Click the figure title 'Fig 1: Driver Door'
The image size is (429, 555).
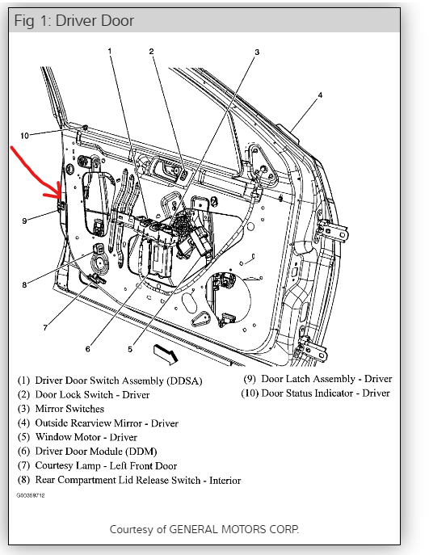74,20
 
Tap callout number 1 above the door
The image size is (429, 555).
110,51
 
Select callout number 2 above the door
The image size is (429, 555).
152,52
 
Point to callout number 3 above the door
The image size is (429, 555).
257,52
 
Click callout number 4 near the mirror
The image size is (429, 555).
320,95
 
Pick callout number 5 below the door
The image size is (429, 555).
130,349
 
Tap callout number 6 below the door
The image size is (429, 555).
88,349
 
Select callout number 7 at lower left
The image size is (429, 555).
45,328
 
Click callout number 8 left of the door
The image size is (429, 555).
24,284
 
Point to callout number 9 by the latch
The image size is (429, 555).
24,221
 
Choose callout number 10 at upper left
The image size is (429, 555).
24,136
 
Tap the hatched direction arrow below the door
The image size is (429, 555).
166,355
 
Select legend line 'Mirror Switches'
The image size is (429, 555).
61,409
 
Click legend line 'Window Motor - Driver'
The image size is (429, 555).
78,437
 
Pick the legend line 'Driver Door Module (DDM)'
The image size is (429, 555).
87,452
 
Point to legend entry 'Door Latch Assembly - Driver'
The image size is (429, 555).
318,379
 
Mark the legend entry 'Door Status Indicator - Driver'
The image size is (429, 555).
315,393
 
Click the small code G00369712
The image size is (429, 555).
31,495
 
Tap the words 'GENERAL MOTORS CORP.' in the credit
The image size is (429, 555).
234,529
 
